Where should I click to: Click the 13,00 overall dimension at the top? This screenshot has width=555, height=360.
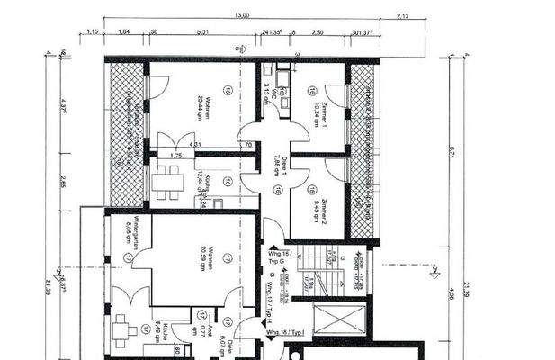tap(242, 15)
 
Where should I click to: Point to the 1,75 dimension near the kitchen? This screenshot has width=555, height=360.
tap(176, 156)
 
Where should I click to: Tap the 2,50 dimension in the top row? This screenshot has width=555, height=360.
tap(317, 31)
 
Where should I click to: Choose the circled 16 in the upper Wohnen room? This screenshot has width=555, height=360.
tap(229, 91)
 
